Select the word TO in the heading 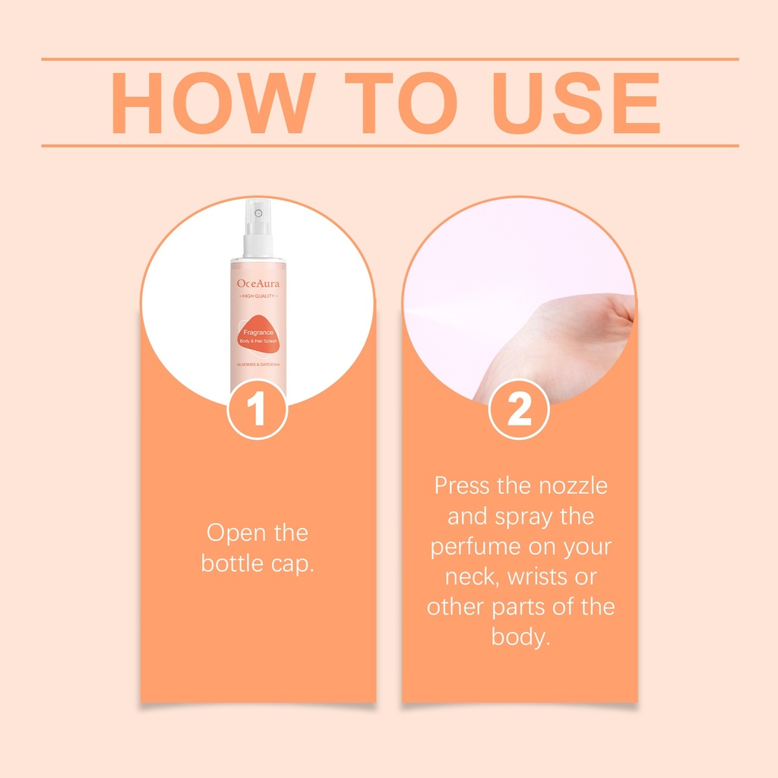point(401,103)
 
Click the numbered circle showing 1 point(258,409)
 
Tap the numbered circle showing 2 point(519,409)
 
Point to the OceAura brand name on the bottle point(258,283)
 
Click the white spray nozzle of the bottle point(258,227)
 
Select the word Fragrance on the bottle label point(258,333)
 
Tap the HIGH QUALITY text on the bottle point(258,296)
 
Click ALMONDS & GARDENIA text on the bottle point(258,365)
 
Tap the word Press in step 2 point(462,485)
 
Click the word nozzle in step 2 point(573,485)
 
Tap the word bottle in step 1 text point(232,564)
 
